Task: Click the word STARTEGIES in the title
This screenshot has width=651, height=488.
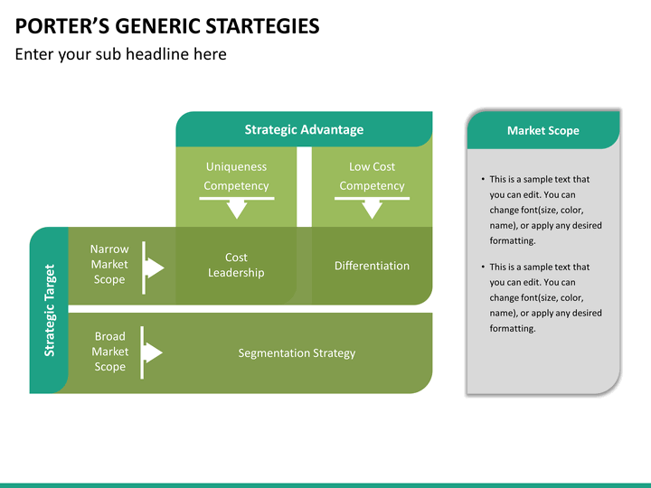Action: [262, 26]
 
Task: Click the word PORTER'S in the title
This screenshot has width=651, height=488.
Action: [62, 26]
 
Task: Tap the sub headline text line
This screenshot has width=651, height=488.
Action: [121, 54]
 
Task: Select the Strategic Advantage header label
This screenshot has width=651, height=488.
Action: [304, 129]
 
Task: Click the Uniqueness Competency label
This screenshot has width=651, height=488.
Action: [236, 176]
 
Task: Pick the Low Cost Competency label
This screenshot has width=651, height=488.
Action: [372, 176]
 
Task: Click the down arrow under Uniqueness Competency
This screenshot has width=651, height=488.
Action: [237, 208]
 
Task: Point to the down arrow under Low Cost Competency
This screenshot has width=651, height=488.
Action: [372, 208]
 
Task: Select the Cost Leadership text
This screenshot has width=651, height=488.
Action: [236, 265]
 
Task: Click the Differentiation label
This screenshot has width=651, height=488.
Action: [372, 266]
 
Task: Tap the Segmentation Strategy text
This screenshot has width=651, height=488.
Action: [297, 353]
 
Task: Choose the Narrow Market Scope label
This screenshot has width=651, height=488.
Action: [109, 264]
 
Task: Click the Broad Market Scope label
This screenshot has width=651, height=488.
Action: [110, 352]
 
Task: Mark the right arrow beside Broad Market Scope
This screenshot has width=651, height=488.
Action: [151, 352]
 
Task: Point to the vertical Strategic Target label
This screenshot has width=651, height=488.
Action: [50, 310]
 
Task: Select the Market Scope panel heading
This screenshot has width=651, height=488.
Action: [543, 131]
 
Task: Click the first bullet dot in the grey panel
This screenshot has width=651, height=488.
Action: [483, 179]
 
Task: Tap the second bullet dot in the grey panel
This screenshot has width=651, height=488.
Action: [483, 267]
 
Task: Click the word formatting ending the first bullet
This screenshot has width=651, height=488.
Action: [513, 241]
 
